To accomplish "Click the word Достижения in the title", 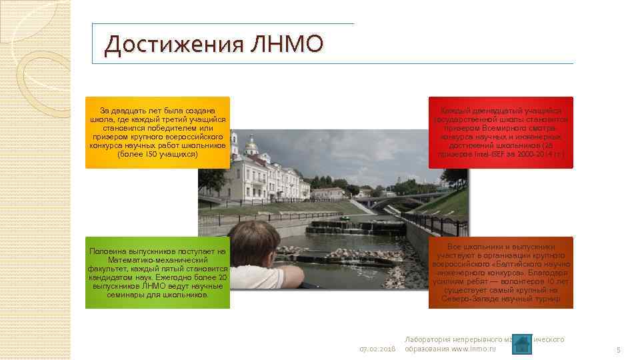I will click(175, 45).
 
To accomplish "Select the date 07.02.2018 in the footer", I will click(377, 349).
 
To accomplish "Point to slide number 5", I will click(618, 349).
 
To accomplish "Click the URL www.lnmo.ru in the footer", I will click(475, 349).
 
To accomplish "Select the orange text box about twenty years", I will click(157, 132).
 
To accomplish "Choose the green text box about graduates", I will click(157, 273).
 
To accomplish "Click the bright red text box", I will click(501, 132).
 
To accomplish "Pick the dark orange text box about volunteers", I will click(501, 273).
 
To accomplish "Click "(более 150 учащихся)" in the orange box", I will click(157, 154).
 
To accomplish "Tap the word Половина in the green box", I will click(109, 251).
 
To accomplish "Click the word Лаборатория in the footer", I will click(427, 339).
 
